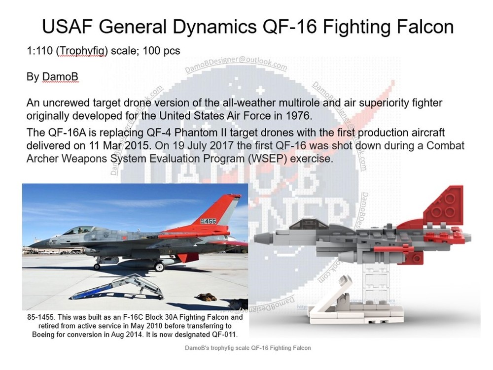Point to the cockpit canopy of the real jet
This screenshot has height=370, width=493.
coord(79,230)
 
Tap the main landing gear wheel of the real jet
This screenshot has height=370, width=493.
coord(159,267)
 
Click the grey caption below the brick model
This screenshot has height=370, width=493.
coord(246,348)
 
